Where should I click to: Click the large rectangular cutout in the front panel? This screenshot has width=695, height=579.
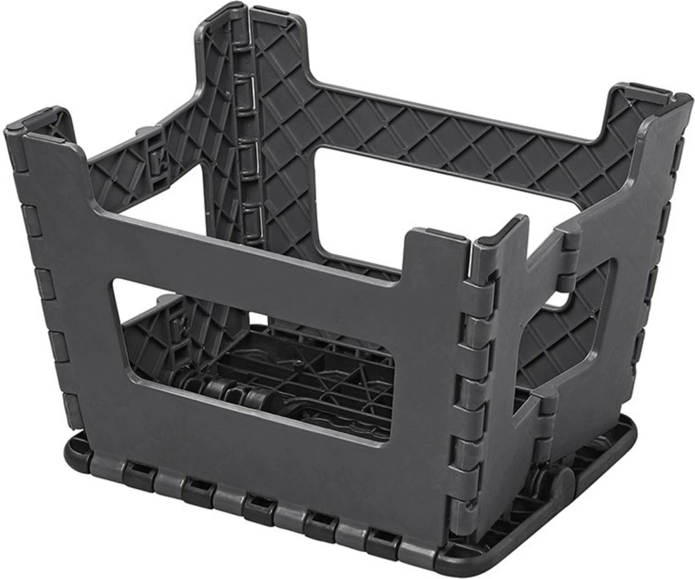point(255,353)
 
